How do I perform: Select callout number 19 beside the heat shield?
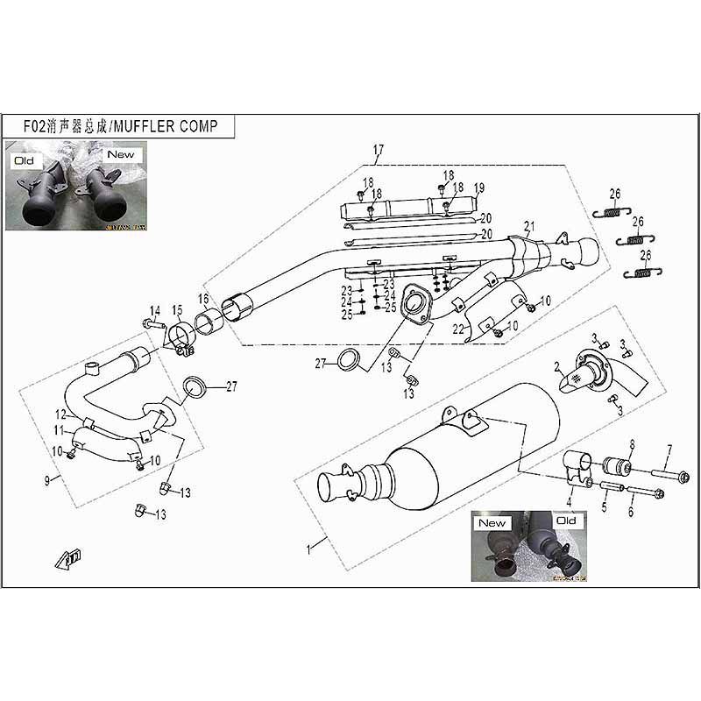[479, 188]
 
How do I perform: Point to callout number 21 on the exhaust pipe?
[528, 226]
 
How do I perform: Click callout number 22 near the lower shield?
[457, 329]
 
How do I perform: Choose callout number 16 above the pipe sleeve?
[203, 300]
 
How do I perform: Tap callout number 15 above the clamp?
[177, 309]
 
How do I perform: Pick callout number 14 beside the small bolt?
[155, 309]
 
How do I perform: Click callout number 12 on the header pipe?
[60, 416]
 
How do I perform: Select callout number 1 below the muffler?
[308, 549]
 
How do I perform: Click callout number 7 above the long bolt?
[669, 450]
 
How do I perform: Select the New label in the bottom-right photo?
[492, 523]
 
